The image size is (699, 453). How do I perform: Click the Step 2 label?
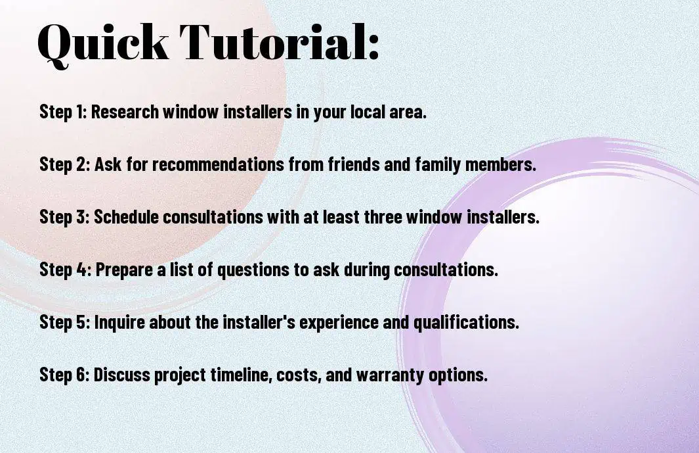[65, 164]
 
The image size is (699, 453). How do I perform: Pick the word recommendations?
[219, 164]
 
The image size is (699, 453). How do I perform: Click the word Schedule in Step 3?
[126, 217]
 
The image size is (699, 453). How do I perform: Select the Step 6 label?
[65, 374]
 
